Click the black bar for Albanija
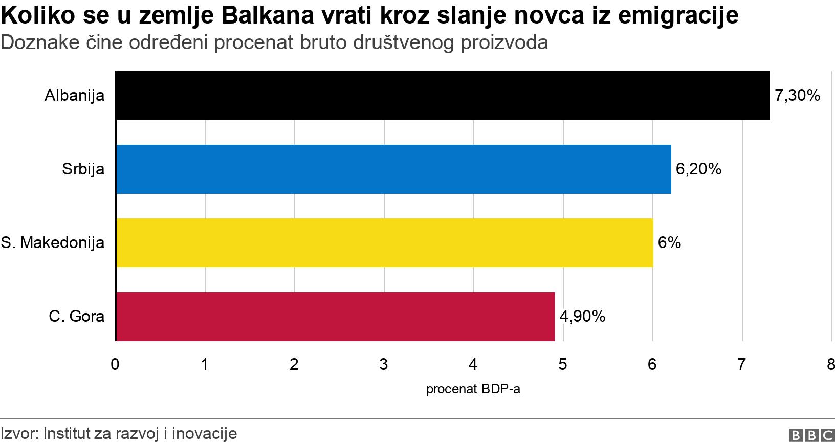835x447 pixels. [443, 96]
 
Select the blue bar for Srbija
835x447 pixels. [393, 169]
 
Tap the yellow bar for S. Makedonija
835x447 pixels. [384, 243]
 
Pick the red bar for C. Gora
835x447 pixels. [335, 317]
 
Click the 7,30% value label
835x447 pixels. [797, 96]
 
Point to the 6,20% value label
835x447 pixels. [698, 169]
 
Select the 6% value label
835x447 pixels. [669, 243]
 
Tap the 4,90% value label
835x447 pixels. [582, 317]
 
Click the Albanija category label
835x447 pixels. [74, 96]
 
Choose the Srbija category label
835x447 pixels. [83, 169]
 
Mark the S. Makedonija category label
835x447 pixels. [52, 243]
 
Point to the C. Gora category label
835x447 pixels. [76, 317]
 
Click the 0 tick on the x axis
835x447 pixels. [115, 365]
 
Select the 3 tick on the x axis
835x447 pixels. [383, 365]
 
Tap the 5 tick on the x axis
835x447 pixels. [562, 365]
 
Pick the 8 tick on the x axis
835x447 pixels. [830, 365]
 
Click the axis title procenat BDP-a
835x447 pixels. [473, 390]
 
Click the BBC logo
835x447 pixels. [811, 435]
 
